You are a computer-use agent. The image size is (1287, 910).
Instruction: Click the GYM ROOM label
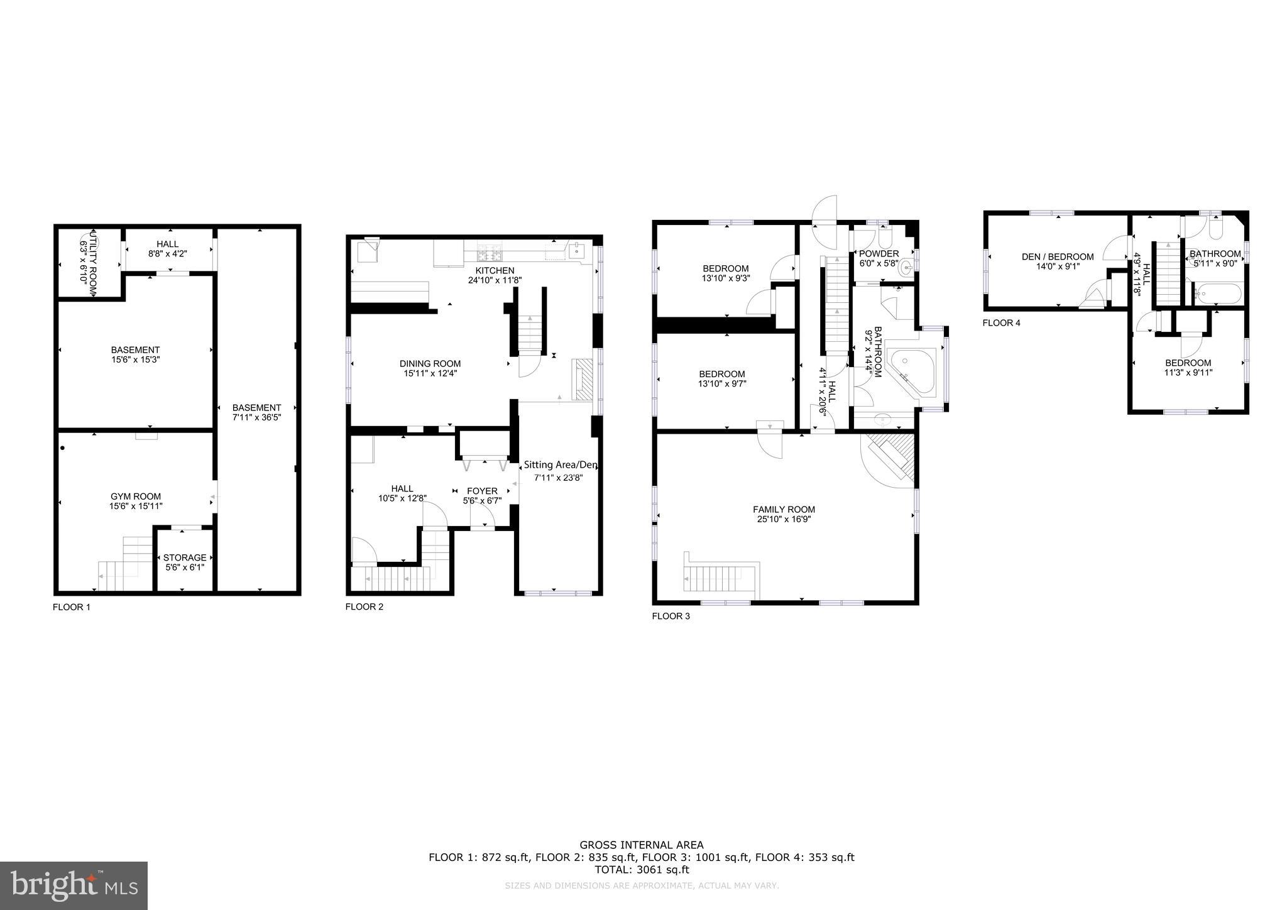coord(136,496)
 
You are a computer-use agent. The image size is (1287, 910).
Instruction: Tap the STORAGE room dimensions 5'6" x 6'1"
coord(185,567)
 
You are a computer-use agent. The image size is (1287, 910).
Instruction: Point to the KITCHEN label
coord(495,270)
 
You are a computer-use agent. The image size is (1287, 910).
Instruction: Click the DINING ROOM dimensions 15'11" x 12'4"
coord(430,373)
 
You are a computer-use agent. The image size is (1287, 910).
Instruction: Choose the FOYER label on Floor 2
coord(482,491)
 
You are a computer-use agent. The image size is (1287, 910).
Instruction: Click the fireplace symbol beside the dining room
coord(583,380)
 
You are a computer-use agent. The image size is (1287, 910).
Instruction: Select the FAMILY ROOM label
coord(784,510)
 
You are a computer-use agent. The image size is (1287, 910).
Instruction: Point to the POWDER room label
coord(879,254)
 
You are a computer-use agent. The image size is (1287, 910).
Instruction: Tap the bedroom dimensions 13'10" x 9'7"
coord(722,383)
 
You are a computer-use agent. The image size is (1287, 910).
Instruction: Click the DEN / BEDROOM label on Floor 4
coord(1058,256)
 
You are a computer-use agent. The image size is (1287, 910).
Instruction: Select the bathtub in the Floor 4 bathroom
coord(1218,293)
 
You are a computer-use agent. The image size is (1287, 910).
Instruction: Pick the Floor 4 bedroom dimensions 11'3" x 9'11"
coord(1188,372)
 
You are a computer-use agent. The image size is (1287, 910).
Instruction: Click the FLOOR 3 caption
coord(671,617)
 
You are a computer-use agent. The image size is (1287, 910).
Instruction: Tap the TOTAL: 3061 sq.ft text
coord(642,870)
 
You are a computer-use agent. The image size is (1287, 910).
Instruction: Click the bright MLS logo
coord(74,885)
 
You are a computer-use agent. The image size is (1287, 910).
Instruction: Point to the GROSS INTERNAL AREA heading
coord(641,845)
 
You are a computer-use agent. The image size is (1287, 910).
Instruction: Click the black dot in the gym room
coord(62,448)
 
